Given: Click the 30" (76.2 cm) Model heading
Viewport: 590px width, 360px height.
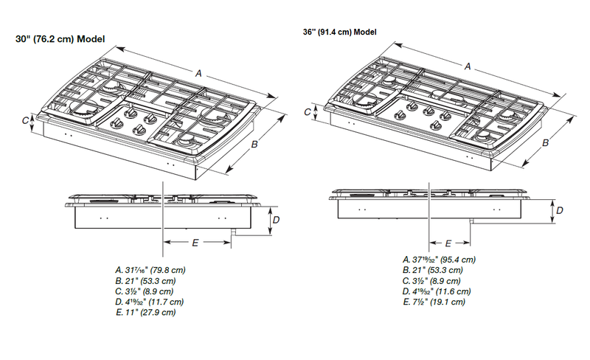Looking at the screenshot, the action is click(x=60, y=39).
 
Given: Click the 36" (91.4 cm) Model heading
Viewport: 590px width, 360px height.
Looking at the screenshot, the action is click(x=340, y=32).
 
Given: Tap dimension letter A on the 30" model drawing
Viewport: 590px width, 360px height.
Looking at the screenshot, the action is click(x=198, y=73).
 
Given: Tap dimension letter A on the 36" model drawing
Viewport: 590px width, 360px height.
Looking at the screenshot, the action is click(x=468, y=66).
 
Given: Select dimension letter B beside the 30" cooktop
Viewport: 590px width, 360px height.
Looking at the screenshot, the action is click(x=254, y=145).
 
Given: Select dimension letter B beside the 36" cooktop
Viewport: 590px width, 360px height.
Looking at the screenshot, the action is click(x=545, y=142).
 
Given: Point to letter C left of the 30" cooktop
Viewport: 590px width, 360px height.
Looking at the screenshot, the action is click(x=25, y=120).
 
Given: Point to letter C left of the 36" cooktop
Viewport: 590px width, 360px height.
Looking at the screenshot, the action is click(x=307, y=112).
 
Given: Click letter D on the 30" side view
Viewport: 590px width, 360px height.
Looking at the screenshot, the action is click(x=276, y=220).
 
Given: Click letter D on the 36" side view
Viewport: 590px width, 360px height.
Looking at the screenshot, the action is click(x=560, y=210).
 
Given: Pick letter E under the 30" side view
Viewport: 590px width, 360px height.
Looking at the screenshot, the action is click(x=195, y=243).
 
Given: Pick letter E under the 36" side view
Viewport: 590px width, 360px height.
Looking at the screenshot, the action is click(x=448, y=243).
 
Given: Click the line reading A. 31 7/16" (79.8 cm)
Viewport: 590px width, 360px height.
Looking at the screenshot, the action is click(x=150, y=270).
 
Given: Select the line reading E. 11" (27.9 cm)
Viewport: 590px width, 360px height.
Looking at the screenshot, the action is click(x=146, y=313).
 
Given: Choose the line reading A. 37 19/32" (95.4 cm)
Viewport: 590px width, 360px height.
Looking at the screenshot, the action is click(x=439, y=260).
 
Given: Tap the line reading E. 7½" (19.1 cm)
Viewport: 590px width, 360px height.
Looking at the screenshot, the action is click(x=434, y=302).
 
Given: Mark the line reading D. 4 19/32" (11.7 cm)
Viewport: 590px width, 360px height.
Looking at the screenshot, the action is click(x=150, y=302).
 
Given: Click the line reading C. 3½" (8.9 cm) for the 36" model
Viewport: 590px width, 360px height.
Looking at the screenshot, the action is click(x=431, y=281).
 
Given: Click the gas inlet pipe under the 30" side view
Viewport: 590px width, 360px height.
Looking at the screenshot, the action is click(x=232, y=232).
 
